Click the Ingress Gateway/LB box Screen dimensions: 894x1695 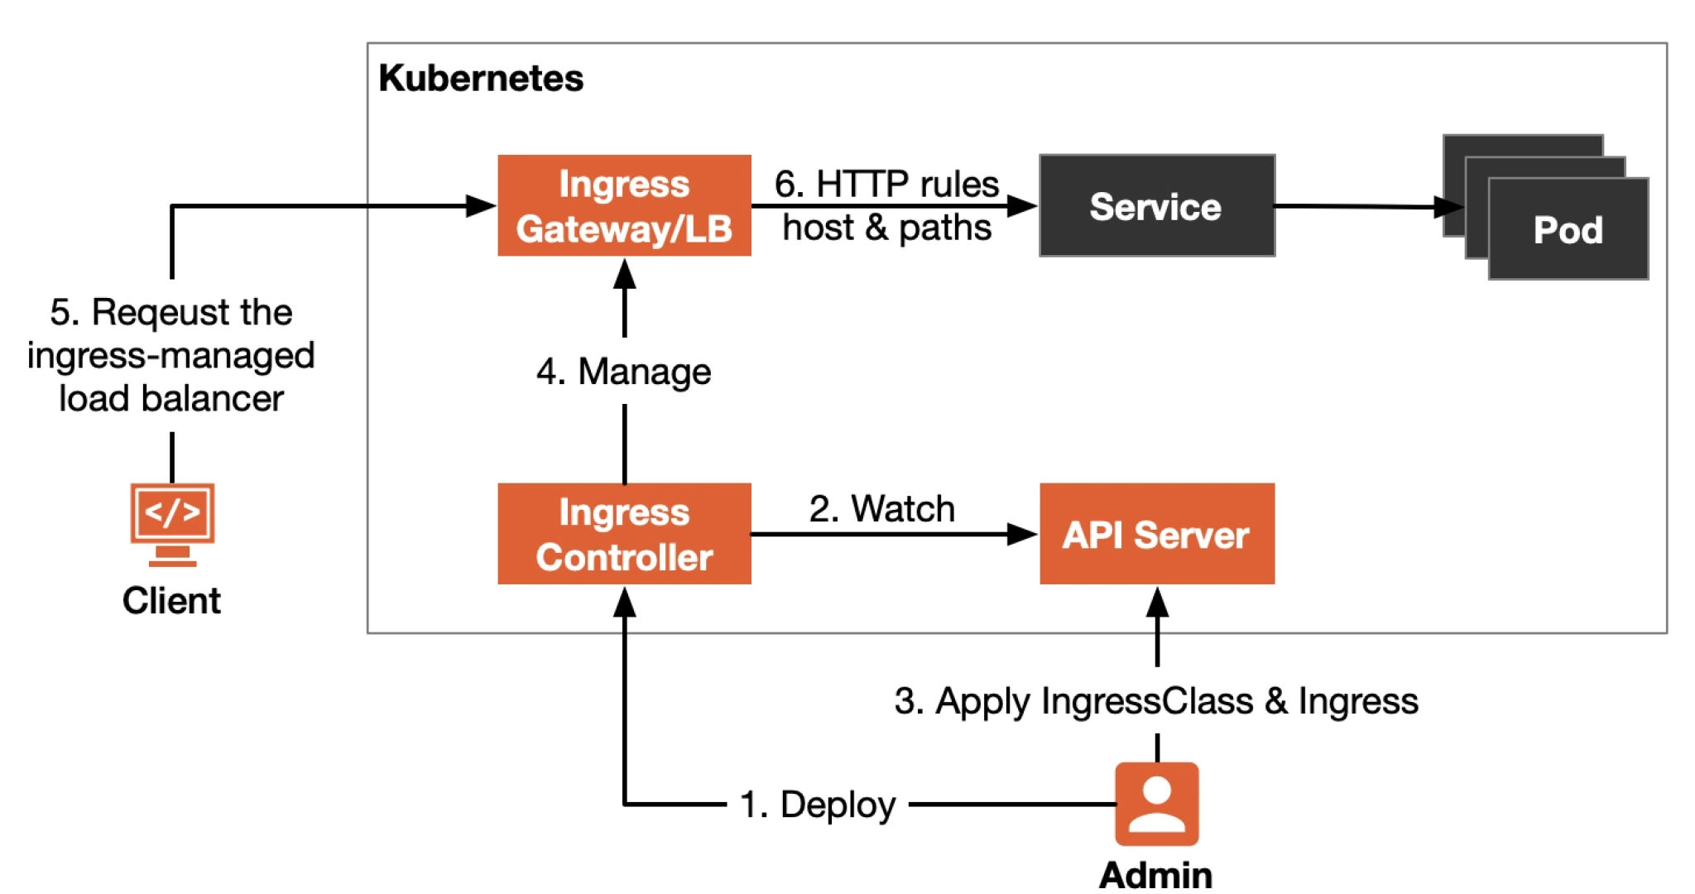point(624,205)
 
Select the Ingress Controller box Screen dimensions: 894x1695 point(624,534)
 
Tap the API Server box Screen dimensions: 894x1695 point(1156,534)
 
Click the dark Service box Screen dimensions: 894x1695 point(1156,205)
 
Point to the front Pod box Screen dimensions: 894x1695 point(1568,229)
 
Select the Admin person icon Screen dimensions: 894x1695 point(1156,803)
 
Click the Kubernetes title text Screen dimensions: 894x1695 point(481,79)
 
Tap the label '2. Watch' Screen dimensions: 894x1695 point(881,508)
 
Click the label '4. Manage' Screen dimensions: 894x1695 point(624,371)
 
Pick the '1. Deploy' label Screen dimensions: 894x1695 point(818,804)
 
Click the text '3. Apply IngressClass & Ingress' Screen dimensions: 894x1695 point(1156,700)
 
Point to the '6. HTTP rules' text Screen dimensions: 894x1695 point(886,184)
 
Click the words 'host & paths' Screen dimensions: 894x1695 point(886,227)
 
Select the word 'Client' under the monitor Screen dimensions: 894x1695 point(171,600)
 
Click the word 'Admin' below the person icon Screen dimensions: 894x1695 point(1155,874)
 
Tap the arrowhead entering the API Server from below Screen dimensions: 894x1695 point(1157,601)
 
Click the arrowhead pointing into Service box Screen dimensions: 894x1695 point(1023,205)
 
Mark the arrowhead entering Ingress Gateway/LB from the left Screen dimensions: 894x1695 point(480,205)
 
